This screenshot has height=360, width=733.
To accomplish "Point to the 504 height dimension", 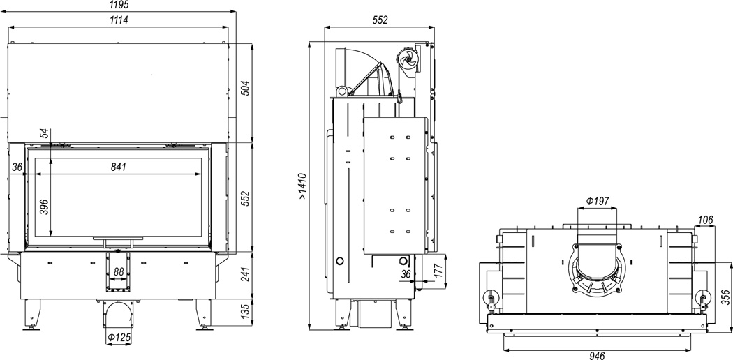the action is pyautogui.click(x=246, y=88).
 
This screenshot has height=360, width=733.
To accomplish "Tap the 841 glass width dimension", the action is pyautogui.click(x=118, y=167).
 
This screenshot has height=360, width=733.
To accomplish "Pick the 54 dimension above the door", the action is pyautogui.click(x=44, y=133).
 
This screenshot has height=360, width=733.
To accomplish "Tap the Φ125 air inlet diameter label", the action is pyautogui.click(x=118, y=337).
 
